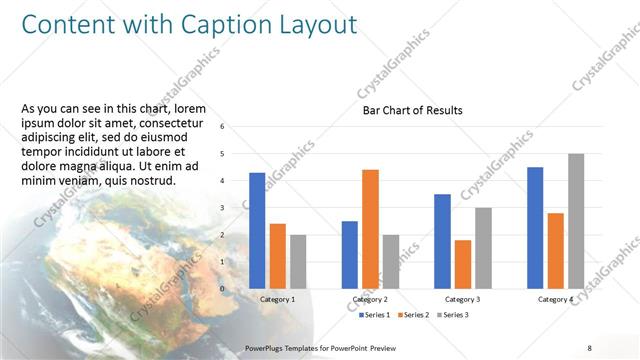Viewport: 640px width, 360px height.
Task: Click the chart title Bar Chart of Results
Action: (x=412, y=110)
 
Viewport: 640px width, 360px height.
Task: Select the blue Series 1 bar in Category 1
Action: (x=257, y=230)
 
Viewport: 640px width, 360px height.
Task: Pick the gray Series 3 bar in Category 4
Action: (x=576, y=220)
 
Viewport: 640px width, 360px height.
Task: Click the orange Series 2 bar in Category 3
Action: (x=462, y=264)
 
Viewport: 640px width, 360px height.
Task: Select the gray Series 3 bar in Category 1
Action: (x=298, y=261)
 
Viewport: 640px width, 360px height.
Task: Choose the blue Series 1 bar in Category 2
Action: (x=349, y=254)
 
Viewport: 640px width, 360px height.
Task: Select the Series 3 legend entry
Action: (x=451, y=315)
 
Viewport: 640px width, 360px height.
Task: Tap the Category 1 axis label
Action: (x=277, y=299)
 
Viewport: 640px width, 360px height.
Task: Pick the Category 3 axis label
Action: (x=462, y=299)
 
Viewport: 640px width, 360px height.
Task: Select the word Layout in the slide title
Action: (x=317, y=24)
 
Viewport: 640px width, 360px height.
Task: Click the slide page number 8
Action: (x=590, y=348)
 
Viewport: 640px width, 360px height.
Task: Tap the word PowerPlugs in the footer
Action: (x=266, y=348)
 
